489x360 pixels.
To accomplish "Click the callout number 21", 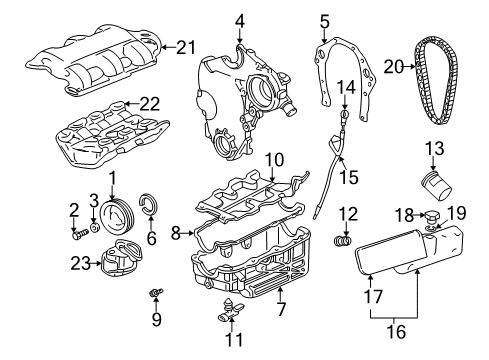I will pyautogui.click(x=186, y=44).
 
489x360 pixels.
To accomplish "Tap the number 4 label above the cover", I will pyautogui.click(x=240, y=21).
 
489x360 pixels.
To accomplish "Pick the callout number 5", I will pyautogui.click(x=324, y=20).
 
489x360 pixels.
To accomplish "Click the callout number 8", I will pyautogui.click(x=176, y=234).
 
